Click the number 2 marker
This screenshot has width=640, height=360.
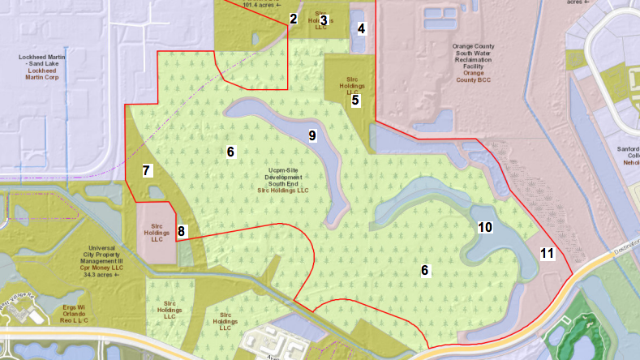pyautogui.click(x=294, y=19)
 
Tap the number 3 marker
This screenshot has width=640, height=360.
pyautogui.click(x=323, y=19)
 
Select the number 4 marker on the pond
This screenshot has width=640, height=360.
pyautogui.click(x=361, y=29)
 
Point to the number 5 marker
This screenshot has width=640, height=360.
pyautogui.click(x=355, y=101)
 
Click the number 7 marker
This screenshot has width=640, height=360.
pyautogui.click(x=146, y=170)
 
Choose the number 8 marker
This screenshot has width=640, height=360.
pyautogui.click(x=181, y=231)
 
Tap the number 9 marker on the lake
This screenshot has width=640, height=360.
pyautogui.click(x=312, y=135)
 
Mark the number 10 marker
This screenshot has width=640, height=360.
pyautogui.click(x=485, y=228)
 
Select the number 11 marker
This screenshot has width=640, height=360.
pyautogui.click(x=547, y=254)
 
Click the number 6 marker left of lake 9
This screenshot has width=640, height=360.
pyautogui.click(x=230, y=152)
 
